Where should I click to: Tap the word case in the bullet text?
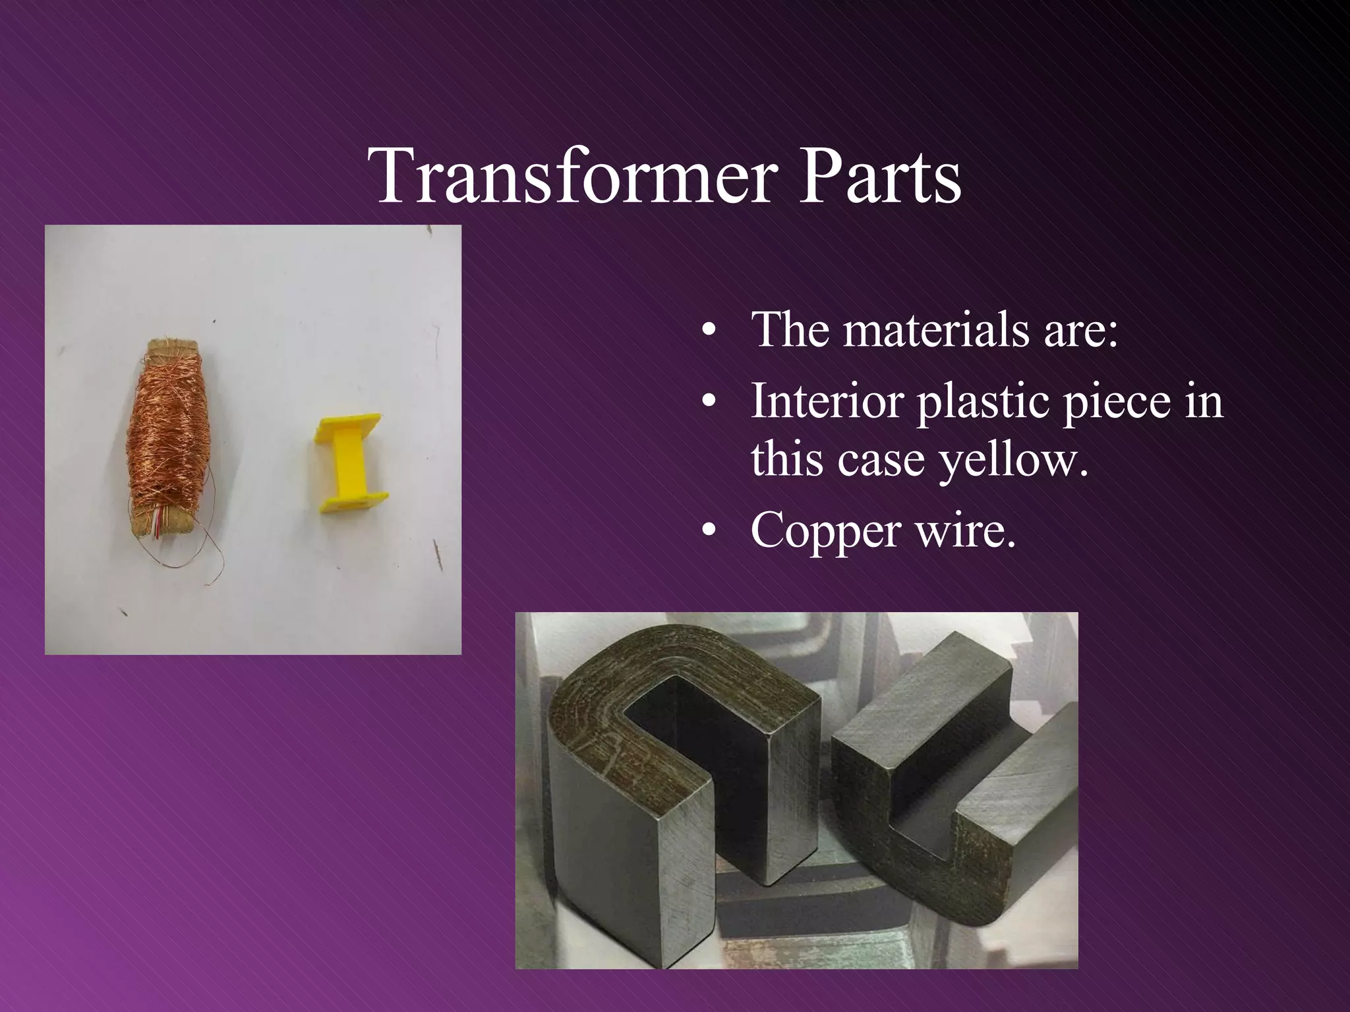[877, 460]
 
